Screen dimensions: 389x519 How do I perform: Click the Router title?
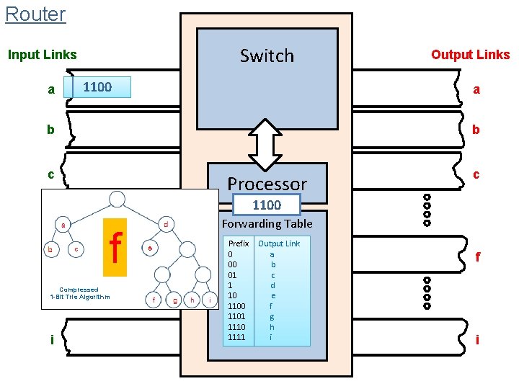(35, 14)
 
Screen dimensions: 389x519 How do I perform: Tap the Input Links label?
(42, 55)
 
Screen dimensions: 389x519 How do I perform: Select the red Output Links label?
(470, 55)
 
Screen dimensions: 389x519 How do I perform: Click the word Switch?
(267, 55)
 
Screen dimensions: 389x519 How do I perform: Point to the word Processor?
(267, 184)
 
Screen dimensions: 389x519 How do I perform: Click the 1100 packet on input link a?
(97, 87)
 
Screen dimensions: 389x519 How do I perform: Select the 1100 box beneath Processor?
(266, 205)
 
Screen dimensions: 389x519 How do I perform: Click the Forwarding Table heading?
(267, 223)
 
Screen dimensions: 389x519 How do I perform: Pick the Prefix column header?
(238, 243)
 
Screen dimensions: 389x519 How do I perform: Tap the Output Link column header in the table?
(279, 243)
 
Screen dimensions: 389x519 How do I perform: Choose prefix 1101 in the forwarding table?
(236, 316)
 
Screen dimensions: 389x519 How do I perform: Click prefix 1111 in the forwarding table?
(236, 337)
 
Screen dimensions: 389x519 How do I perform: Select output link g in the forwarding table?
(272, 316)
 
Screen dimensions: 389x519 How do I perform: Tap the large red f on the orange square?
(115, 247)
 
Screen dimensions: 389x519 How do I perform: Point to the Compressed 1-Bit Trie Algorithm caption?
(79, 293)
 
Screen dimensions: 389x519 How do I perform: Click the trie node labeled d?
(166, 224)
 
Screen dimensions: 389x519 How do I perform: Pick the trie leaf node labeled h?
(192, 300)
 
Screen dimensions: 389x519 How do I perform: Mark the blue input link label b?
(50, 130)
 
